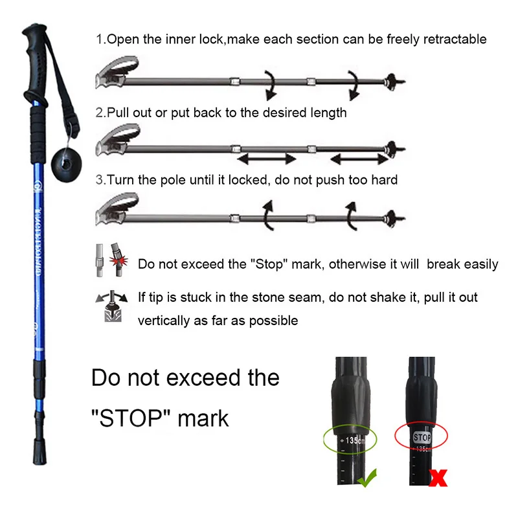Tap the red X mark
click(x=438, y=478)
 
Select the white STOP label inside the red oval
click(x=422, y=438)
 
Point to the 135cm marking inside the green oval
click(x=355, y=440)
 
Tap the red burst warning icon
click(x=118, y=261)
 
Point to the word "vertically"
click(x=164, y=321)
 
